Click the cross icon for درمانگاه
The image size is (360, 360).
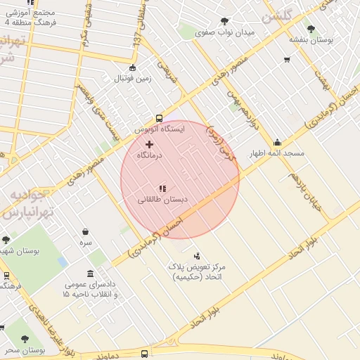(148, 144)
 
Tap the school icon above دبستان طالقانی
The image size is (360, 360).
(162, 188)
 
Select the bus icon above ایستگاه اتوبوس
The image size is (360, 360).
(159, 119)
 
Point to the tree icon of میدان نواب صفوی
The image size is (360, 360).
(224, 22)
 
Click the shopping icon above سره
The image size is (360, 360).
(85, 231)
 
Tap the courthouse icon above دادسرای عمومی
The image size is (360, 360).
(90, 274)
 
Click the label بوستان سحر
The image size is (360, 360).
(23, 349)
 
